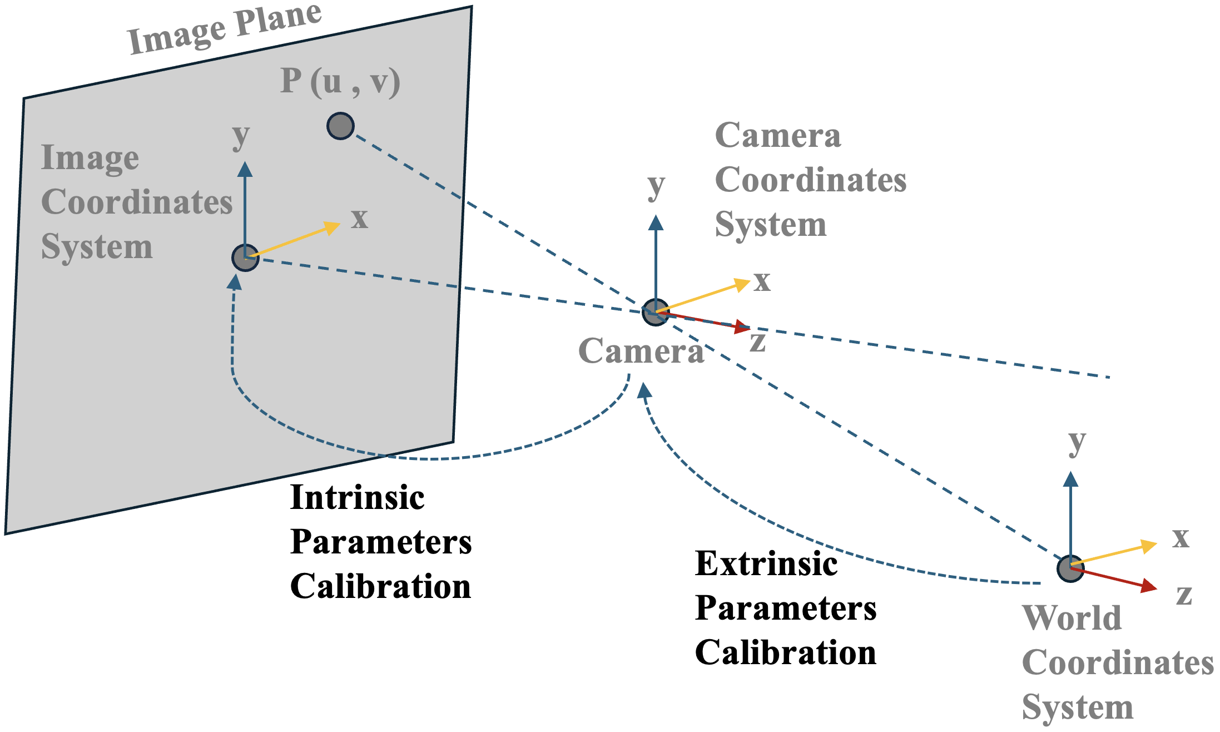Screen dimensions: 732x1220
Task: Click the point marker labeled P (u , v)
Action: point(340,126)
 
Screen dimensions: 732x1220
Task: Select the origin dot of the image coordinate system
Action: point(245,258)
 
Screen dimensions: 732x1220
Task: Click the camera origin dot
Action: point(656,311)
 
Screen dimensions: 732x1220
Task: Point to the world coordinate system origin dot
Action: point(1070,568)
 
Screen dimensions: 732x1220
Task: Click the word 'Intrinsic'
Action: point(358,497)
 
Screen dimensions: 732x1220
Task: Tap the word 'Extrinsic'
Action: point(766,563)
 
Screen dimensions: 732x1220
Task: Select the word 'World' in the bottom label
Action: point(1072,618)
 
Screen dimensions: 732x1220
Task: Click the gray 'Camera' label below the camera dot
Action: point(641,352)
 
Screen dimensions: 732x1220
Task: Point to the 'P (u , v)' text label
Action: point(340,81)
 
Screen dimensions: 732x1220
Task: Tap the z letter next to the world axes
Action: point(1184,595)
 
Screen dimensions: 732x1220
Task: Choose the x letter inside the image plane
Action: point(360,218)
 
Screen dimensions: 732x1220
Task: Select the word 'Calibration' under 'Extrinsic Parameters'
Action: point(786,652)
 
